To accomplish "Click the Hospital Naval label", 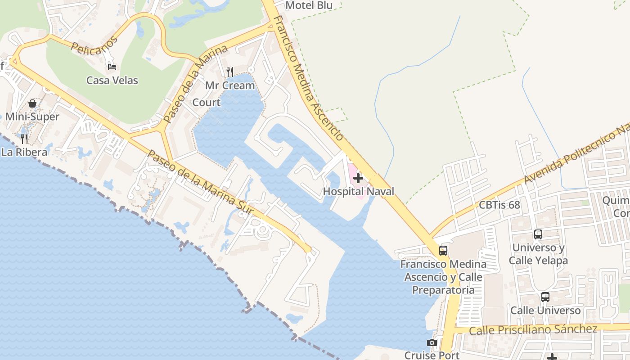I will [x=358, y=191].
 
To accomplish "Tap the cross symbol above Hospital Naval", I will [x=358, y=178].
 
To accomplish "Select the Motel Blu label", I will [x=309, y=5].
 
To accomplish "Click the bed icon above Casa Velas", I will [x=112, y=67].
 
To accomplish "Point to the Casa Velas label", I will [x=112, y=81].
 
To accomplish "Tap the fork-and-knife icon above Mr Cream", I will [x=230, y=72].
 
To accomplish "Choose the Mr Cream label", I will [x=230, y=85].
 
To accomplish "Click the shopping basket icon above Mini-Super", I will [x=32, y=103].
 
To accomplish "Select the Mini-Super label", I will [x=32, y=117].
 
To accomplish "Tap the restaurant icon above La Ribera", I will [x=24, y=139].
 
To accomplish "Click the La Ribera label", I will [x=24, y=152].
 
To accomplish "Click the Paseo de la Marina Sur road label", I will [x=200, y=182].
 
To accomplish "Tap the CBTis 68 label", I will [x=499, y=205].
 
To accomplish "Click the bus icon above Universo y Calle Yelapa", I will [x=538, y=234].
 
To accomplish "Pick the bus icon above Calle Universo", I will [x=545, y=297].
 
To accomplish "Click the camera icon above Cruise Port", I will [x=432, y=343].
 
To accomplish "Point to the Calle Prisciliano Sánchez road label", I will [x=533, y=329].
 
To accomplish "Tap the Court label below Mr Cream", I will [x=207, y=103].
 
